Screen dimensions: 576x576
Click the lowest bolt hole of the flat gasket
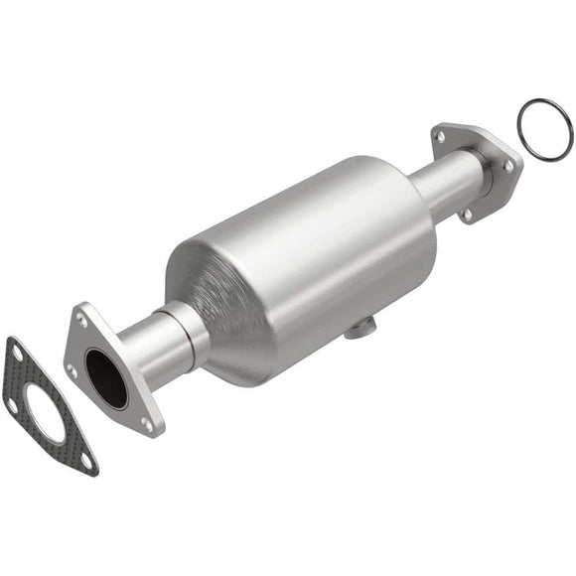pyautogui.click(x=87, y=460)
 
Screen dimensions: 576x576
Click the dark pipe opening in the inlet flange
pyautogui.click(x=106, y=377)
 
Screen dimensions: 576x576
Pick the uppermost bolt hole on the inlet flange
pyautogui.click(x=81, y=319)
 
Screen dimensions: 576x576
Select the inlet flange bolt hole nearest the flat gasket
pyautogui.click(x=72, y=369)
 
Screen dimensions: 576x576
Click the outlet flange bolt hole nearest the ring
pyautogui.click(x=507, y=167)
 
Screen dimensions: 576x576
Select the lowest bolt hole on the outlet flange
pyautogui.click(x=465, y=213)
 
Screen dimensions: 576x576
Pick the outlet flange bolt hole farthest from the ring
pyautogui.click(x=439, y=134)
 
